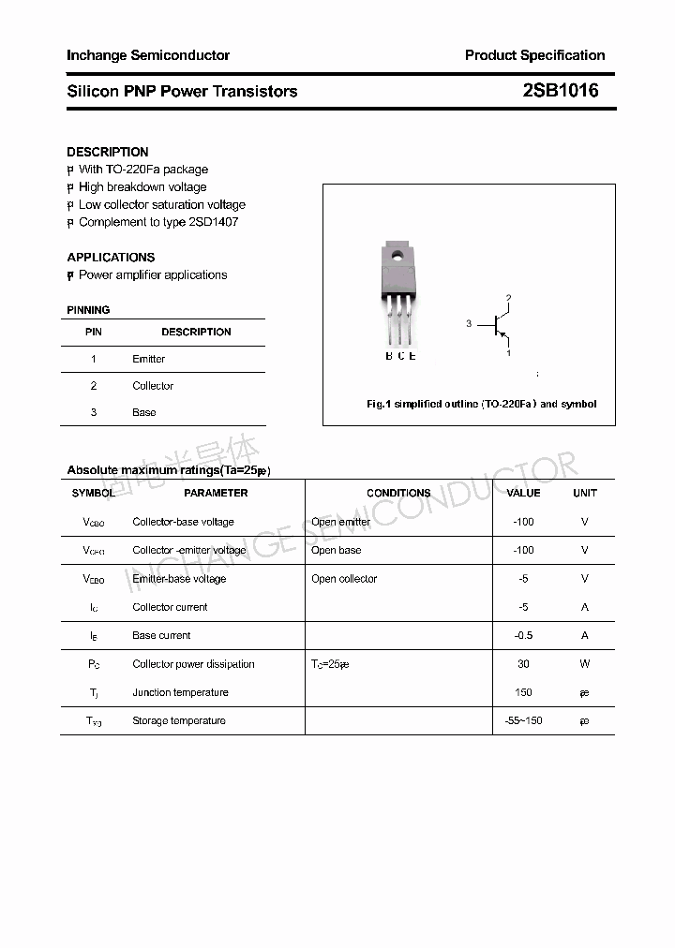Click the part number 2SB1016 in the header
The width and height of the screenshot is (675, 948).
point(560,91)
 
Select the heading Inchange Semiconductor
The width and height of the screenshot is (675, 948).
point(148,55)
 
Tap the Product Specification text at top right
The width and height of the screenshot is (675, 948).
point(534,55)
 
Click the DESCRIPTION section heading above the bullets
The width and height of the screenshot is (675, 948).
point(108,152)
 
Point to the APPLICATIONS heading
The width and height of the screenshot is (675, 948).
point(111,257)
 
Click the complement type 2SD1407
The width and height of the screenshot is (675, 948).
point(214,222)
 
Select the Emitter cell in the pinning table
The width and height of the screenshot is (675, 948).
point(149,359)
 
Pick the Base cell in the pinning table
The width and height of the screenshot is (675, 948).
point(144,412)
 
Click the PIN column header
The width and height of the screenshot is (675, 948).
point(94,332)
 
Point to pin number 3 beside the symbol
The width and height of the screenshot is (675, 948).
point(468,324)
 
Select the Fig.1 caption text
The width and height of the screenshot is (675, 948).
point(481,404)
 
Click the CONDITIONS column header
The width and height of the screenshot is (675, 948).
point(398,493)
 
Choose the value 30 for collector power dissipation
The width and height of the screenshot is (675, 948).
point(523,664)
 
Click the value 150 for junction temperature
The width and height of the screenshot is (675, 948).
point(523,692)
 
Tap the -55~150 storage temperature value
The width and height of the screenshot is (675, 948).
point(523,720)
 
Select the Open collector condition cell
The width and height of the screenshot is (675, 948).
point(344,579)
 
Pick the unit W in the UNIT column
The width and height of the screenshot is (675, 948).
point(585,664)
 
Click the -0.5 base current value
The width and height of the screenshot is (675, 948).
point(523,635)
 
